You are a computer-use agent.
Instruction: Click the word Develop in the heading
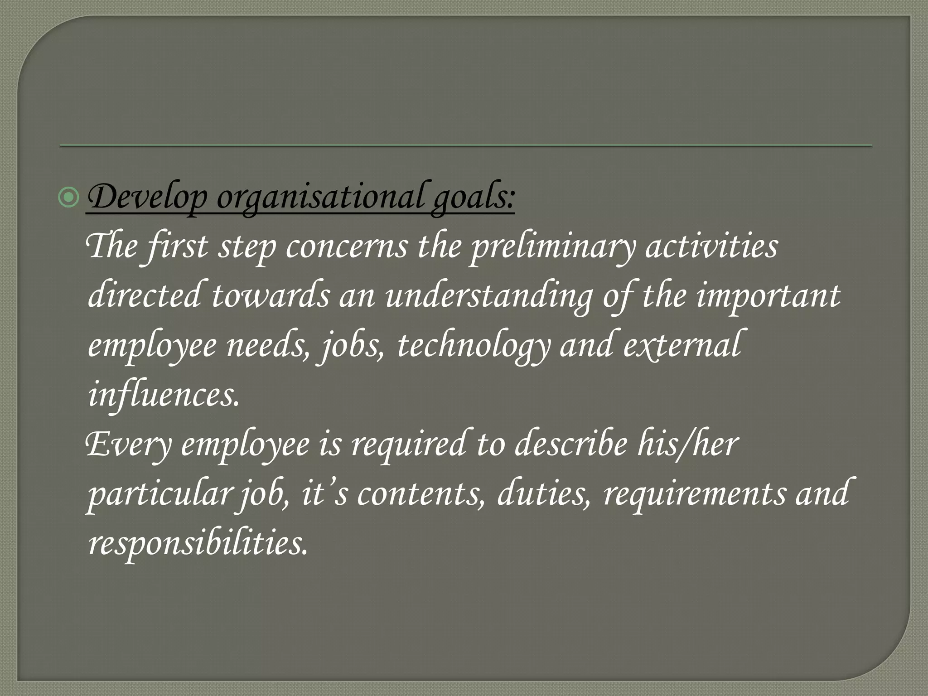click(148, 198)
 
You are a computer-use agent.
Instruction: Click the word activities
click(712, 247)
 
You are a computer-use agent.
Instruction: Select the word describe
click(571, 445)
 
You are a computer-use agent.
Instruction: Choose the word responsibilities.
click(198, 543)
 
